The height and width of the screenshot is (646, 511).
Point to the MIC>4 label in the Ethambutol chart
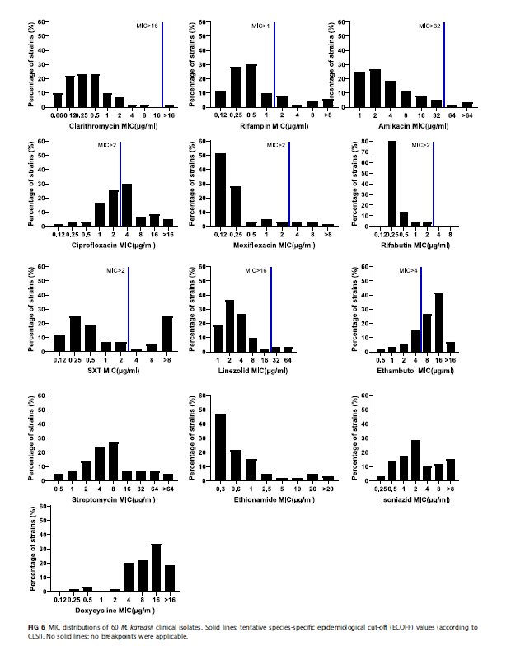click(x=409, y=270)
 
